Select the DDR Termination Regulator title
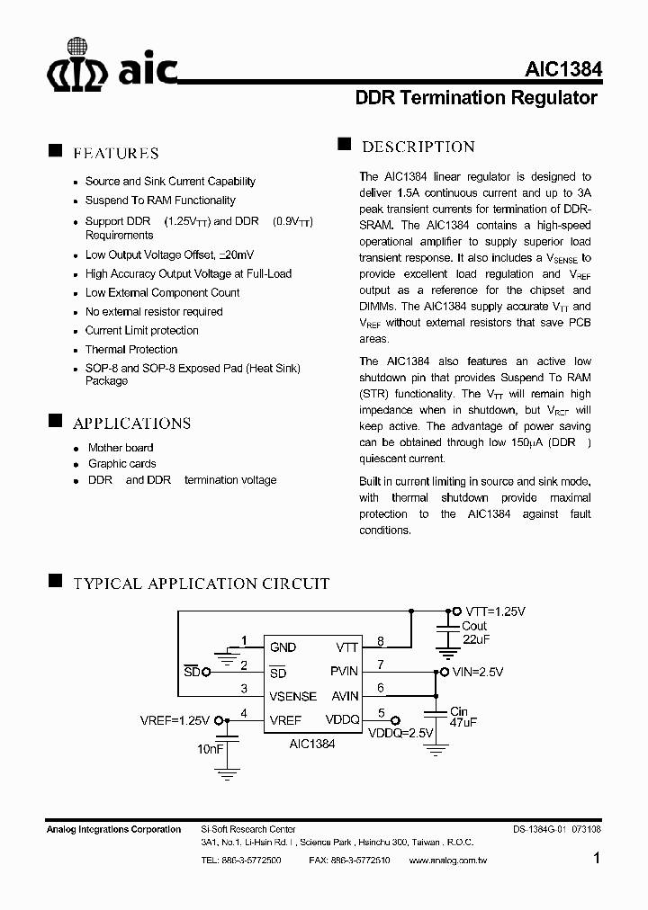(476, 98)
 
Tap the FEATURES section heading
(115, 153)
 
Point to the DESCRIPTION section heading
(418, 147)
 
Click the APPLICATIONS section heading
(131, 424)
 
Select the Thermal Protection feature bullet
(131, 349)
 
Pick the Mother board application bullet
(121, 447)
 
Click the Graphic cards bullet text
(122, 463)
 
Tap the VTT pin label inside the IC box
(346, 647)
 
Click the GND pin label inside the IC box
(283, 647)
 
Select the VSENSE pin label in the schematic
(292, 696)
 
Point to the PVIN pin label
(344, 671)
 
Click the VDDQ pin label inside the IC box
(342, 720)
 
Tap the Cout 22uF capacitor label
(474, 632)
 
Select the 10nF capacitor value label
(211, 748)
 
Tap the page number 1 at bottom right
(597, 859)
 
